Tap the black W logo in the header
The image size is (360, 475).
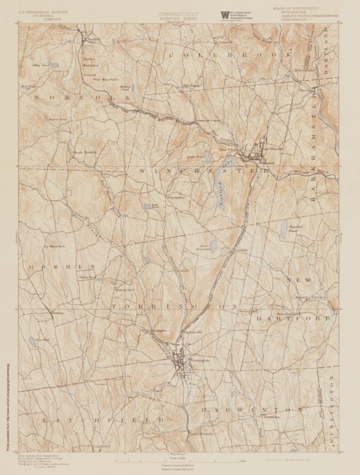click(x=225, y=13)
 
